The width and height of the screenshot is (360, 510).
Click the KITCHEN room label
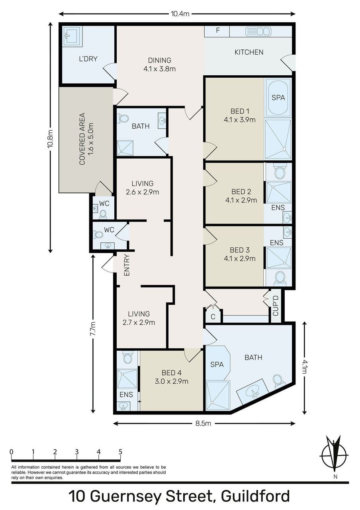[249, 52]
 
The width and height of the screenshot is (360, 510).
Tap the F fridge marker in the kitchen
[218, 30]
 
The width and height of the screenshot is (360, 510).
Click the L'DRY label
[88, 59]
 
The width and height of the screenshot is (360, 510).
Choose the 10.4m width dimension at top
[180, 14]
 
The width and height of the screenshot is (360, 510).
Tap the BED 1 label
[240, 111]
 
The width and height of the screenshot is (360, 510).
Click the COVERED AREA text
[82, 139]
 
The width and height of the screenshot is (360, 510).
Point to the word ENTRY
[127, 265]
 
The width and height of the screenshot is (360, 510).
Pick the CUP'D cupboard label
[276, 306]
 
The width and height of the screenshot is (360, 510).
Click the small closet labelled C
[213, 317]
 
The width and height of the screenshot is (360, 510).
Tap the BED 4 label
[172, 373]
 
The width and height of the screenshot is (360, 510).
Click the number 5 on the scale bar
[120, 451]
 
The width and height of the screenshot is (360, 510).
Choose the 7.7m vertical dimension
[93, 334]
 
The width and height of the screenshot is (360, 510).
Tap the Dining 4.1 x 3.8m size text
[160, 69]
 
